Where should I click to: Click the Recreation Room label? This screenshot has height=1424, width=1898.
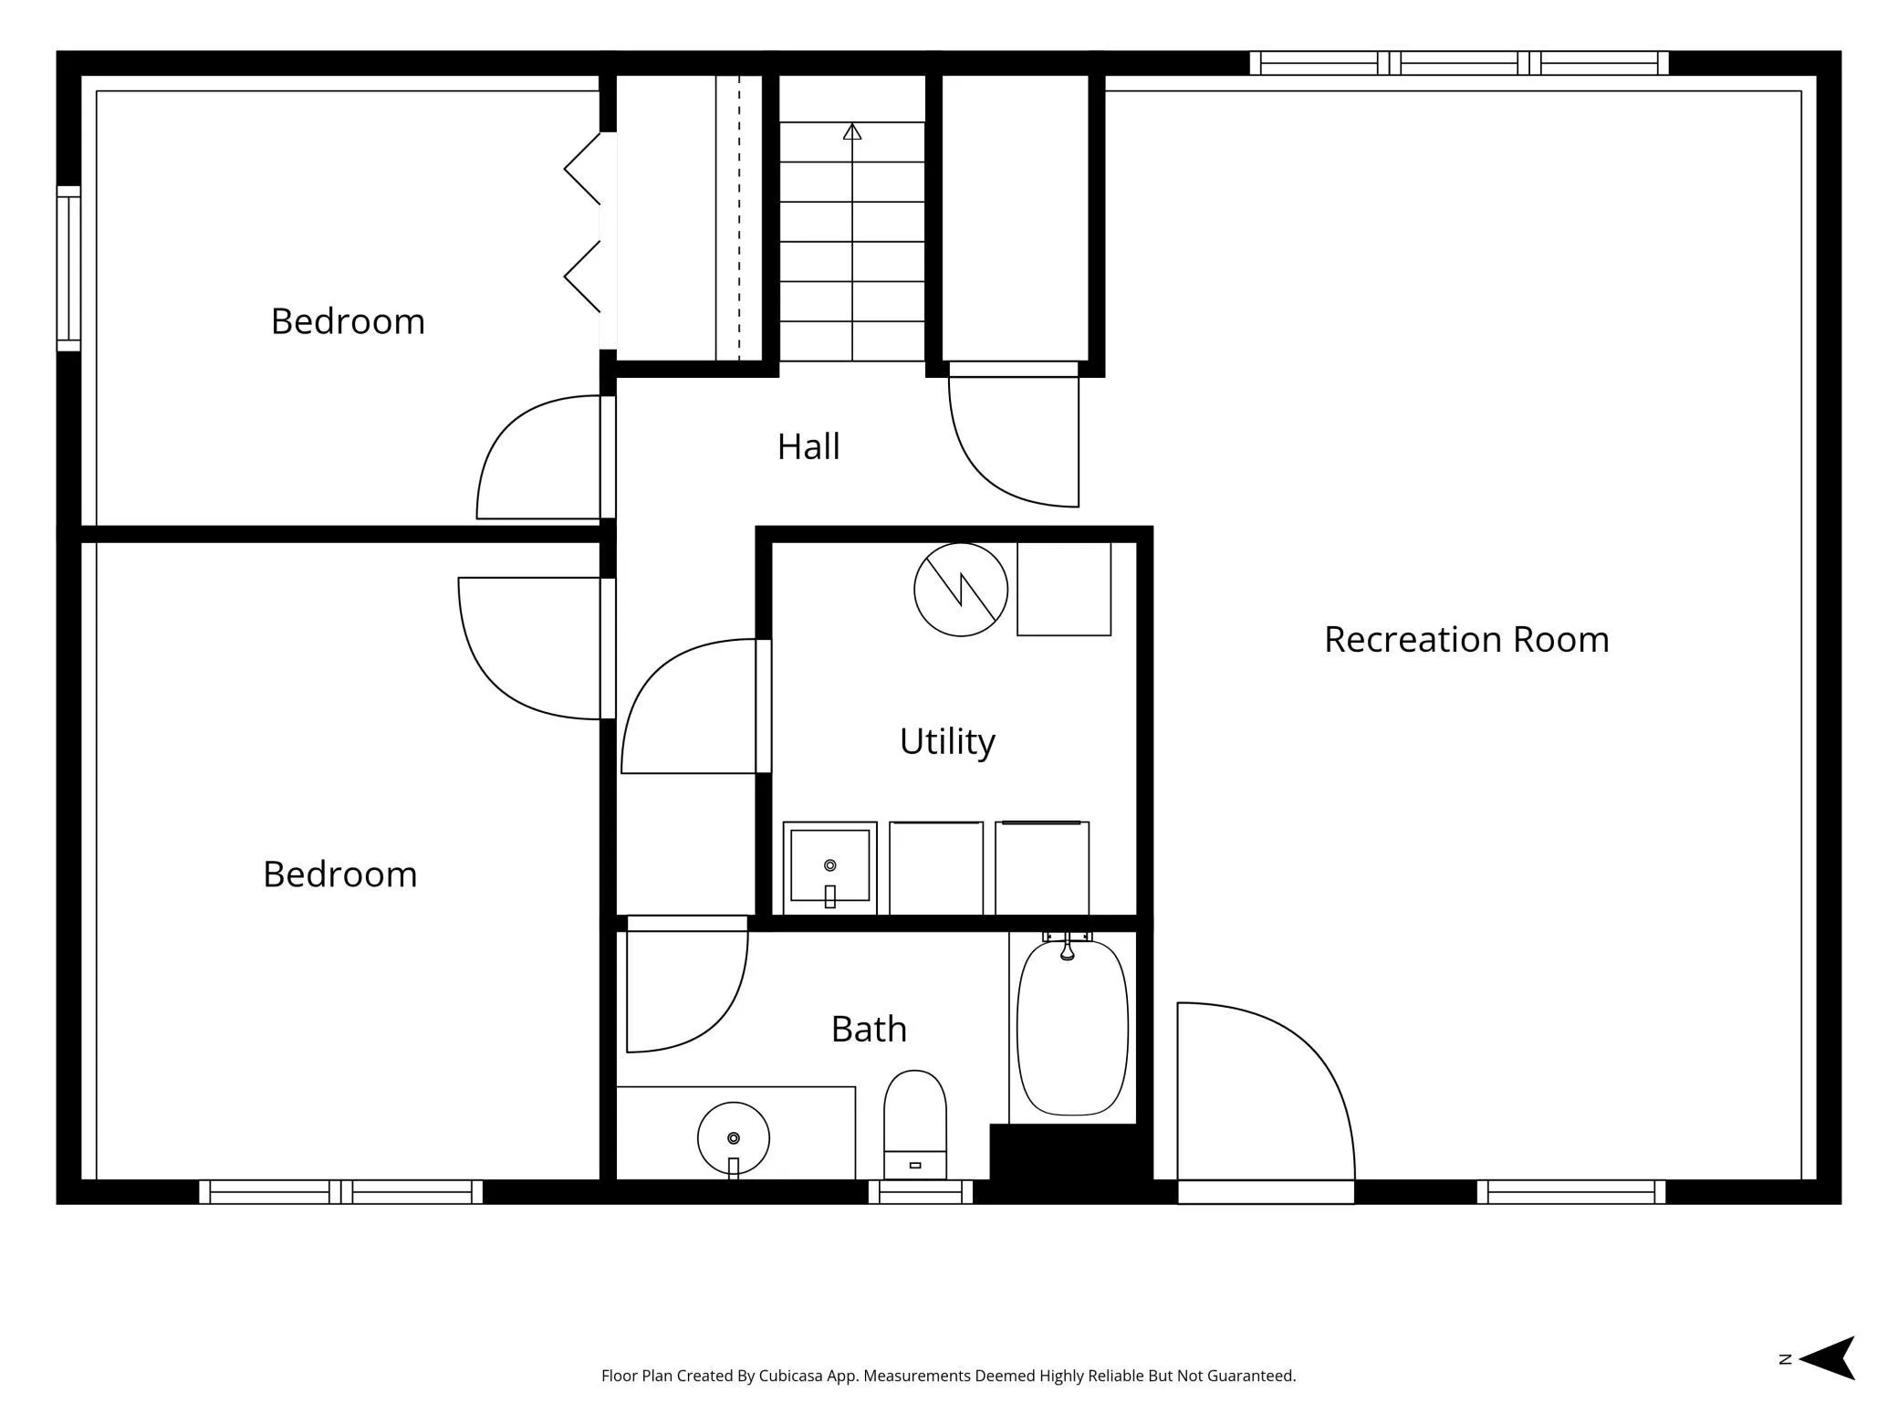point(1466,639)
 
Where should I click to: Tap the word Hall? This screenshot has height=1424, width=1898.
point(808,446)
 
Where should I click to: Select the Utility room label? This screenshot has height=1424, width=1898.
point(947,741)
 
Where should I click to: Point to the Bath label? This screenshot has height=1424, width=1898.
point(869,1029)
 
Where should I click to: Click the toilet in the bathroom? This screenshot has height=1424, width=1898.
point(915,1125)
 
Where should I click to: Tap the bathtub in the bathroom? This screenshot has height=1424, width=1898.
point(1072,1027)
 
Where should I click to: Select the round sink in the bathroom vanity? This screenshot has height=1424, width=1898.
point(734,1138)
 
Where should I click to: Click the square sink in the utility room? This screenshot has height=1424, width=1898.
point(829,867)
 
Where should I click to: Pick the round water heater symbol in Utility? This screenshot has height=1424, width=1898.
point(961,590)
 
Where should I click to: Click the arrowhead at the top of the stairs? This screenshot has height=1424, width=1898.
point(852,131)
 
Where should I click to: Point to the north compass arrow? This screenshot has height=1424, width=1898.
point(1827,1358)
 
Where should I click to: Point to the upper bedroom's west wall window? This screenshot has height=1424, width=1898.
point(68,268)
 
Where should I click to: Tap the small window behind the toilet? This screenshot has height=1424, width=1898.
point(921,1192)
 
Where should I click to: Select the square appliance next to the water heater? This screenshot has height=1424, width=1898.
point(1064,589)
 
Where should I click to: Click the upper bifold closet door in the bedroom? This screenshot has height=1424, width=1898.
point(582,169)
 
